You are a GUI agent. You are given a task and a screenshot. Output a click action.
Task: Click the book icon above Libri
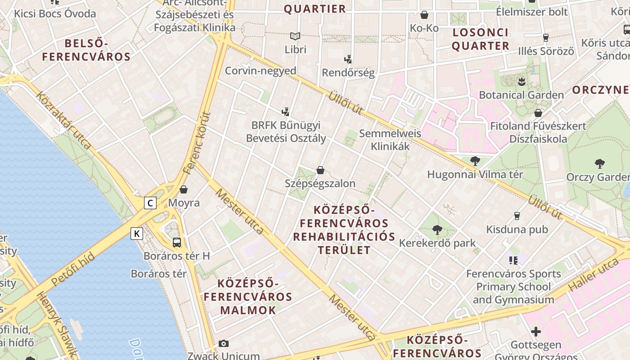pos(295,36)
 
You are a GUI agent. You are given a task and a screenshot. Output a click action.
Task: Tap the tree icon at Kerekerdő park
pos(437,230)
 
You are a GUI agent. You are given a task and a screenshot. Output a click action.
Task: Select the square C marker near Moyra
pos(150,203)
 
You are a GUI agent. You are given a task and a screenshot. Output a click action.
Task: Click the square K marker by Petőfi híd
pos(137,234)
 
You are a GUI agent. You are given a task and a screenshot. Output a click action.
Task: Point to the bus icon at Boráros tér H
pos(177,243)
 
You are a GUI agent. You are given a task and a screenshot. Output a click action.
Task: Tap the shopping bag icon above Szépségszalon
pos(320,170)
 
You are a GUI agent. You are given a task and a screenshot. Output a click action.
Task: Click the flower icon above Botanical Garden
pos(522,82)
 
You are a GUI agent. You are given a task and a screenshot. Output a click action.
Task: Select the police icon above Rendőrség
pos(348,59)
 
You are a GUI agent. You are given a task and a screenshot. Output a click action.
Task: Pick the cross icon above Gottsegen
pos(535,332)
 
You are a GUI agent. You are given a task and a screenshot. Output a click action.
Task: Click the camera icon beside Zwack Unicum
pos(223,344)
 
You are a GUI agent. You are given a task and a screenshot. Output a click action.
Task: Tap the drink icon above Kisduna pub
pos(517,216)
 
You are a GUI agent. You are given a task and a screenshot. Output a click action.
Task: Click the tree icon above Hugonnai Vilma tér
pos(475,161)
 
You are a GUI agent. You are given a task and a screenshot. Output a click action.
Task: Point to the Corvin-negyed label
pos(261,71)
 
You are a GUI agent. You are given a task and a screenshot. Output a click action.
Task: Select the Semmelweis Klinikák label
pos(390,140)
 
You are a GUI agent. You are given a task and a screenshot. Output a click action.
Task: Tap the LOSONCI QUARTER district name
pos(481,39)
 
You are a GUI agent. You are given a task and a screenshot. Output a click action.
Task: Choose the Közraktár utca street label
pos(63,120)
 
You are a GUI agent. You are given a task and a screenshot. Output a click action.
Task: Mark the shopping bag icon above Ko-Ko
pos(424,15)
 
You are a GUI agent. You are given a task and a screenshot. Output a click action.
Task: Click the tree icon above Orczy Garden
pos(599,164)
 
